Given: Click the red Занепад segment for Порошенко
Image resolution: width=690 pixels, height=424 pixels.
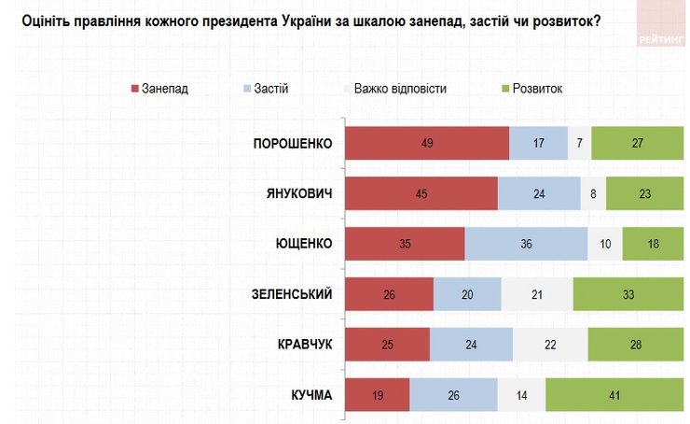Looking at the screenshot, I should [427, 143].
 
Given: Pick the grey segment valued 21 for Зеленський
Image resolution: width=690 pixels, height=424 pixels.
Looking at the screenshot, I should [537, 295].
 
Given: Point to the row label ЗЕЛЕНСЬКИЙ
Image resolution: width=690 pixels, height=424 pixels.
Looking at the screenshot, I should [290, 295].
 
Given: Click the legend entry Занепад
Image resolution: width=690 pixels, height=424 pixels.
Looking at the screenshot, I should [159, 89].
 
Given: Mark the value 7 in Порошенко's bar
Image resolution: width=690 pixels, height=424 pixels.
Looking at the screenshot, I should [579, 143].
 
